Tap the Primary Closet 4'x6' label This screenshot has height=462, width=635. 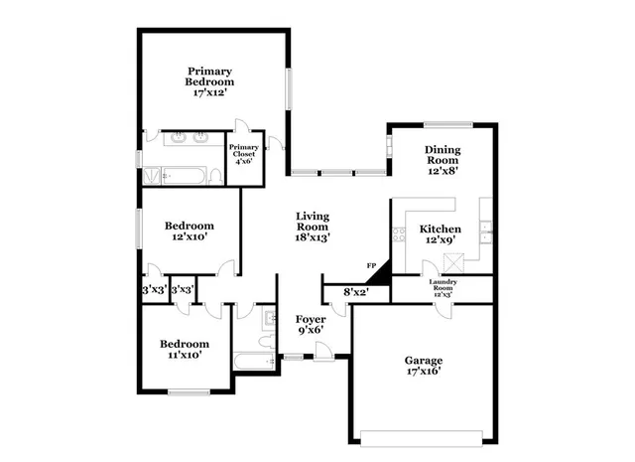pyautogui.click(x=245, y=156)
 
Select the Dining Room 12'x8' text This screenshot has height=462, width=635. pyautogui.click(x=444, y=160)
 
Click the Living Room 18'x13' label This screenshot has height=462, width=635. pyautogui.click(x=313, y=227)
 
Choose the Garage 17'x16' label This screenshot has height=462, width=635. pyautogui.click(x=422, y=366)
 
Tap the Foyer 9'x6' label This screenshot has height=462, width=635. pyautogui.click(x=311, y=325)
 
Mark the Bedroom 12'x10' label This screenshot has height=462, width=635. pyautogui.click(x=188, y=232)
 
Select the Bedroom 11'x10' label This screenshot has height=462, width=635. pyautogui.click(x=185, y=350)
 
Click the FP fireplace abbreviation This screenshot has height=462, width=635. pyautogui.click(x=371, y=266)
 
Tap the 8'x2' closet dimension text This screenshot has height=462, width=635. pyautogui.click(x=354, y=292)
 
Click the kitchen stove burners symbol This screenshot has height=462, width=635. pyautogui.click(x=399, y=235)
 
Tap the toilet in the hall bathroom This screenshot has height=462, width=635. pyautogui.click(x=267, y=320)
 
